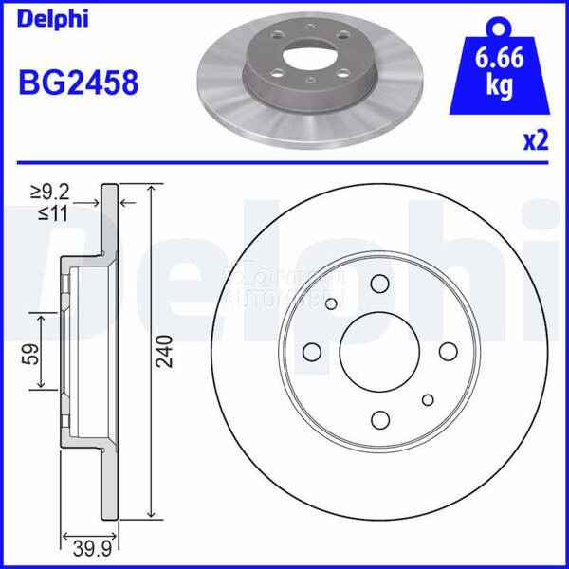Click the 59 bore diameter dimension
tap(28, 356)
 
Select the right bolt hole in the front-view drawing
tap(449, 352)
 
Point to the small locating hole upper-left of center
tap(332, 303)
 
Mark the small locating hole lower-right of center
tap(429, 399)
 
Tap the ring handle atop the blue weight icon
tap(499, 27)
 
